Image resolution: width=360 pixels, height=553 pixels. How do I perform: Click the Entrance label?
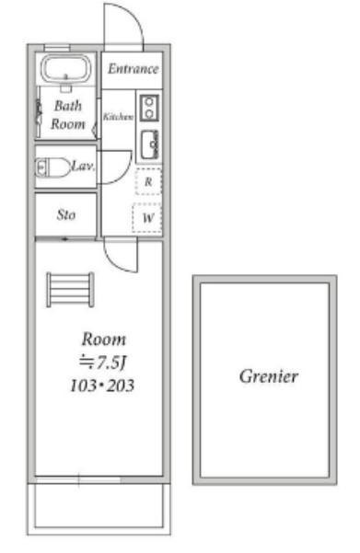coord(134,69)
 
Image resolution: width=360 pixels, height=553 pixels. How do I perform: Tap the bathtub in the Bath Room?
coord(65,69)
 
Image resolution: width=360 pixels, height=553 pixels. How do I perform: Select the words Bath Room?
coord(68,115)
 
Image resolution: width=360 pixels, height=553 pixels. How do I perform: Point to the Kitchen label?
coord(118,116)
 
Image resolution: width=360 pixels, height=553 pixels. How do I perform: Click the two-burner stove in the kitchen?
coord(149,108)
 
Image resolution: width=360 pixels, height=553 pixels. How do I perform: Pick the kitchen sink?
coord(150,144)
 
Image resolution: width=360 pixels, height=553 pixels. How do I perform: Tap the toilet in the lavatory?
coord(53,167)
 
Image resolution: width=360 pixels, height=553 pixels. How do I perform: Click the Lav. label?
coord(83,166)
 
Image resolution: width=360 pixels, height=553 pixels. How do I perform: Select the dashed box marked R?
coord(148,181)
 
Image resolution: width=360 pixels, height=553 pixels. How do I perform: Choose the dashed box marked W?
coord(147,217)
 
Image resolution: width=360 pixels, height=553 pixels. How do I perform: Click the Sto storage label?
coord(66,214)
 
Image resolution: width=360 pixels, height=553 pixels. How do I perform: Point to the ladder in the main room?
coord(70,290)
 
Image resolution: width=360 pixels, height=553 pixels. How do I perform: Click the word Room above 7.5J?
coord(104,340)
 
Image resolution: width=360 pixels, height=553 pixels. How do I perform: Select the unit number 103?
coord(83,386)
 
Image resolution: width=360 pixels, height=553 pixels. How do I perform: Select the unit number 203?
coord(121,386)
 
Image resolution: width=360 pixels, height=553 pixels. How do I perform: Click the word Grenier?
coord(269,376)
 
